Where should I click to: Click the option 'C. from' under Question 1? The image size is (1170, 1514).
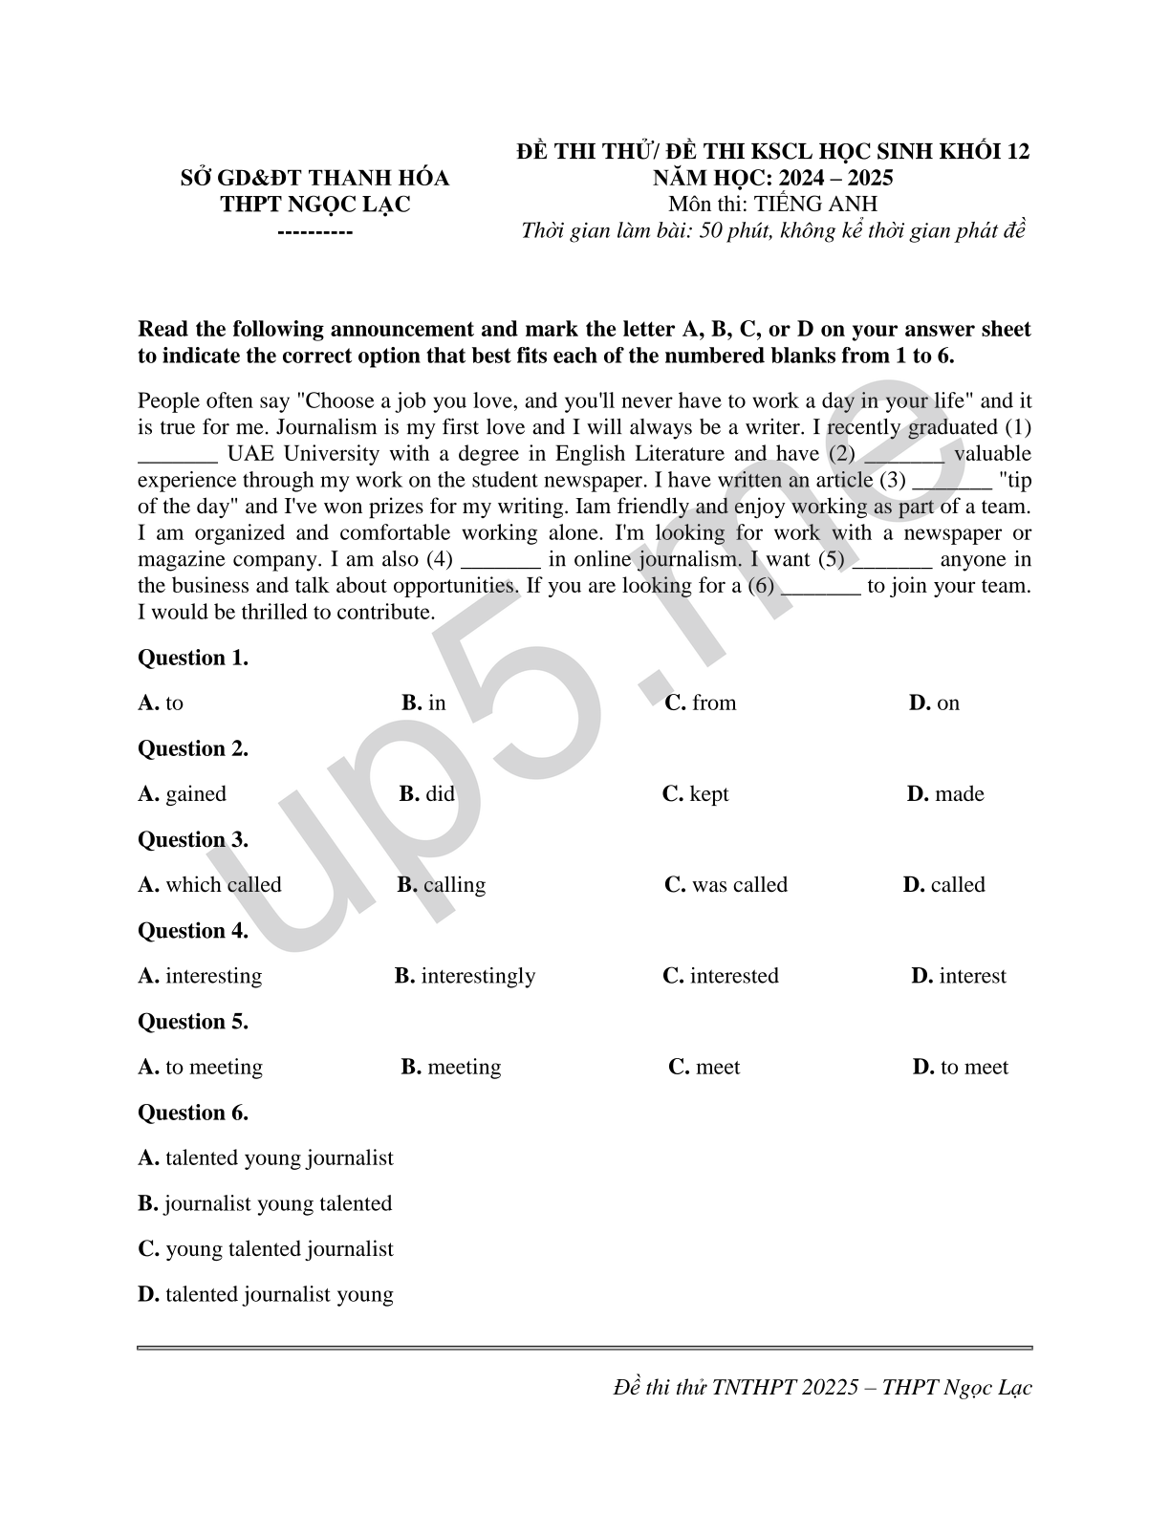pos(701,703)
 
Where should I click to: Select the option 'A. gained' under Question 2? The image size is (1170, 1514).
pos(183,794)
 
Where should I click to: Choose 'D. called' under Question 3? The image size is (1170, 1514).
pos(943,885)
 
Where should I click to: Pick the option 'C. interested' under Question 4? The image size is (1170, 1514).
pos(721,976)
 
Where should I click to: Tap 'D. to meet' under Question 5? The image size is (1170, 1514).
pos(961,1067)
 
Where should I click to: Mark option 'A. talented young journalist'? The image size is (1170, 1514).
pos(266,1158)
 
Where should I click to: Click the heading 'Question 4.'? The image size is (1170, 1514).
pos(193,931)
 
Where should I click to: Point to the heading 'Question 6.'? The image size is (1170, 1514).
pos(193,1113)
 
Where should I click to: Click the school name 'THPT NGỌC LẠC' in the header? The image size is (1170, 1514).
pos(315,205)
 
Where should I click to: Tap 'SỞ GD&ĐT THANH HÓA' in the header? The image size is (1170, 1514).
pos(315,179)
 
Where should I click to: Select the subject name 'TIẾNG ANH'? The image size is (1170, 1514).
pos(815,204)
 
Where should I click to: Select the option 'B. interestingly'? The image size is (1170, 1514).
pos(465,976)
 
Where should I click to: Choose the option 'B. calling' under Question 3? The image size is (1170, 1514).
pos(442,885)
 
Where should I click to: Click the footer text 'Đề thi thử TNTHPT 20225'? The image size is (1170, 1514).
pos(736,1388)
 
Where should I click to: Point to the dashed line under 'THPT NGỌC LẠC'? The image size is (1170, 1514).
pos(315,232)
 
